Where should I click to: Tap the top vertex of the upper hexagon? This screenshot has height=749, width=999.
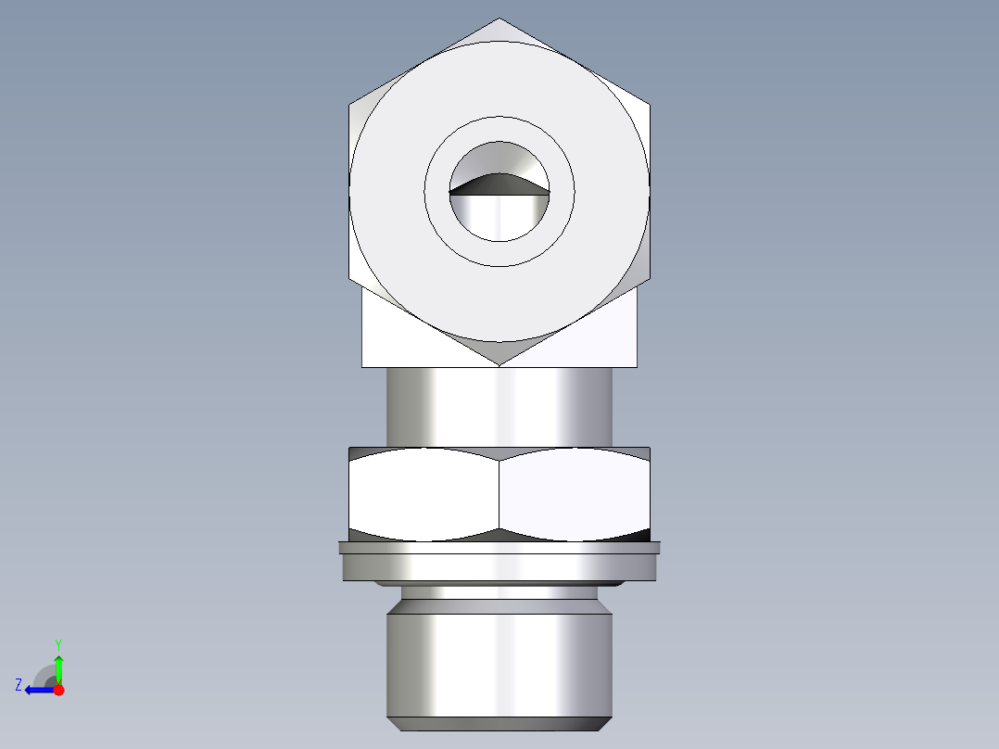(x=499, y=19)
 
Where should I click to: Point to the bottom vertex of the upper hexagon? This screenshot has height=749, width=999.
(x=499, y=364)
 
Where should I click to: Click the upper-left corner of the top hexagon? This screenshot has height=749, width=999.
(x=350, y=105)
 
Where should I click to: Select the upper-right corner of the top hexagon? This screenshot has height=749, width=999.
(x=649, y=105)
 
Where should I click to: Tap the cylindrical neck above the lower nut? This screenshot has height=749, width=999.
(x=499, y=406)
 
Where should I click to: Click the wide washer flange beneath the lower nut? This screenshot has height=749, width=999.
(x=499, y=562)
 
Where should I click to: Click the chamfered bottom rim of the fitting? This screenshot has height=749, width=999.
(x=499, y=724)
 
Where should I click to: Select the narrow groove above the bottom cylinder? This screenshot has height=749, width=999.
(x=499, y=592)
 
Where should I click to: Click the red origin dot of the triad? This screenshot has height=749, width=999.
(x=58, y=690)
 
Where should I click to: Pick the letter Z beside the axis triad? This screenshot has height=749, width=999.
(x=19, y=685)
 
